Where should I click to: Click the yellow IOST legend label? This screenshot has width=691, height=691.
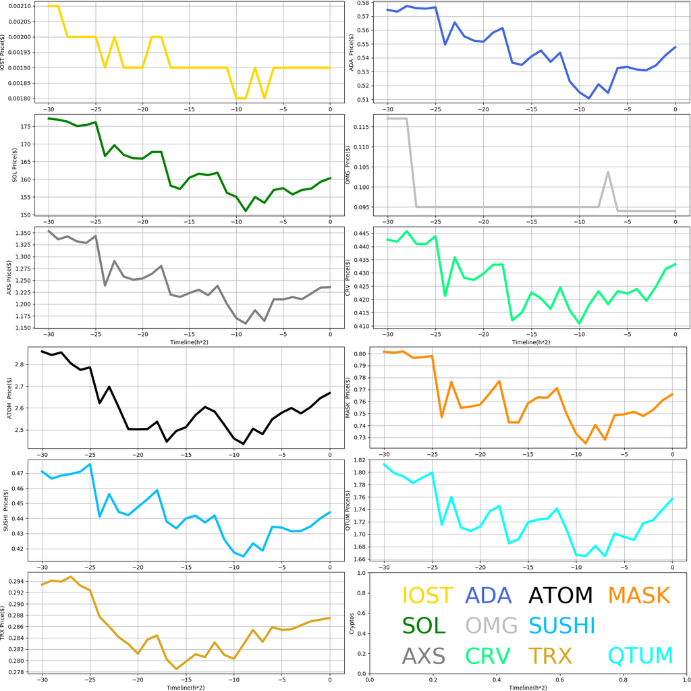point(427,596)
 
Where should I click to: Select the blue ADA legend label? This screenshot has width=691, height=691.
point(489,596)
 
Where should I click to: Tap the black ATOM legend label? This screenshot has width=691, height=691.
point(560,596)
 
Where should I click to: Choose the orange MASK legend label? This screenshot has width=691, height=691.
point(638,596)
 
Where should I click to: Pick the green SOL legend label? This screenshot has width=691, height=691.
point(424,626)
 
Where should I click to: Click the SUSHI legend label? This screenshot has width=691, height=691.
point(561,626)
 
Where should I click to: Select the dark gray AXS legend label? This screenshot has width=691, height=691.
point(423,655)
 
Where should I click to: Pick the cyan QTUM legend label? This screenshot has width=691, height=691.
point(641,655)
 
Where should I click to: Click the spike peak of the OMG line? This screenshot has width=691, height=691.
point(608,172)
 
